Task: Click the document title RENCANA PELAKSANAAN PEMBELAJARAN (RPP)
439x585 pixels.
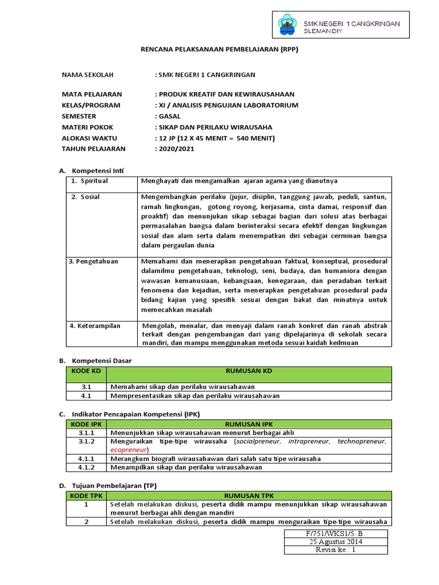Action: (x=219, y=50)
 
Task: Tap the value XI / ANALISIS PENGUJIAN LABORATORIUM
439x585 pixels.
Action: (x=228, y=105)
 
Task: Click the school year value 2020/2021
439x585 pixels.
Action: (x=177, y=149)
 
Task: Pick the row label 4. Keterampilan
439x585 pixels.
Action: (x=95, y=326)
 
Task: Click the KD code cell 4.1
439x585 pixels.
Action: (x=86, y=395)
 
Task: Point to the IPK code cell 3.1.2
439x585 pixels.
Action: (x=87, y=442)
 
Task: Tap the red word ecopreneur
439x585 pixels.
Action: (x=129, y=450)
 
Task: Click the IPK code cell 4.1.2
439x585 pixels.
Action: (x=87, y=467)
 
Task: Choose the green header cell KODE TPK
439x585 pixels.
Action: (x=86, y=496)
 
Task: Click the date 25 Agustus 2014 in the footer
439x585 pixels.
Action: (x=316, y=541)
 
